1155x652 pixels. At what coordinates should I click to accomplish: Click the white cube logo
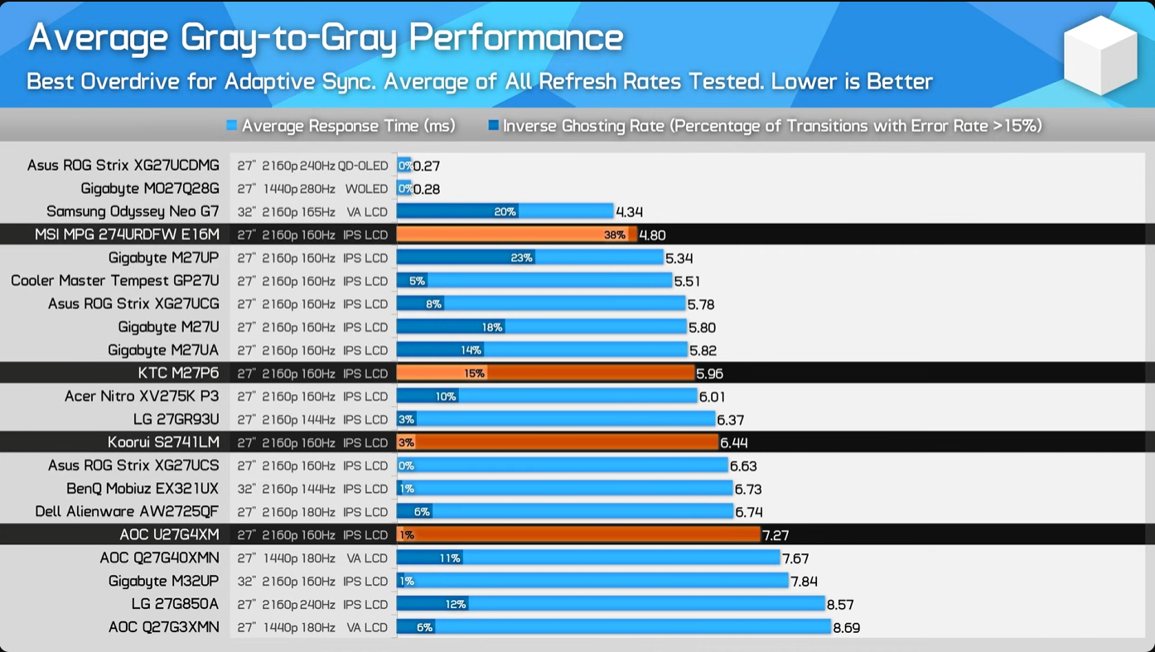1100,55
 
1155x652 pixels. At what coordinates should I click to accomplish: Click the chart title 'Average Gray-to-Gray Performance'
326,36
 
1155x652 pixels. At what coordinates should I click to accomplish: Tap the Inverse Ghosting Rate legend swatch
494,126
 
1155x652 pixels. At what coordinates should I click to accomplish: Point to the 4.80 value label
652,235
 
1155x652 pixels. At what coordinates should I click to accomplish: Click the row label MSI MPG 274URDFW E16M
127,235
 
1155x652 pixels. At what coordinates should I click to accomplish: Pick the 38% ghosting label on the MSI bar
615,235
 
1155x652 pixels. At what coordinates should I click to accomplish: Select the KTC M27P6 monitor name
178,374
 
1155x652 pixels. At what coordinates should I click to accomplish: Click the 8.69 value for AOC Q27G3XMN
846,628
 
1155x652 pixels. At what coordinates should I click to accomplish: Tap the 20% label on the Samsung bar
505,212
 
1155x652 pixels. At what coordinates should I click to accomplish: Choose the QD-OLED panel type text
363,166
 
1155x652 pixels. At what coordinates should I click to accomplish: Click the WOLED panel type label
366,189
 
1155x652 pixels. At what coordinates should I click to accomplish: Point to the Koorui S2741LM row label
163,442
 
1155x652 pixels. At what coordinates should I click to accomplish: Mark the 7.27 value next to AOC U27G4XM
776,535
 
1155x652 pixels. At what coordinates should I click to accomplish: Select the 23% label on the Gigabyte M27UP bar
521,258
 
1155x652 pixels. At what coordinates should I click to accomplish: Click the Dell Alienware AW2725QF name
127,512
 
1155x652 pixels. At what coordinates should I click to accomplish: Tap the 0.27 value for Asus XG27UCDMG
426,166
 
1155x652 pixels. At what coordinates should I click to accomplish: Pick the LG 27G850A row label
175,604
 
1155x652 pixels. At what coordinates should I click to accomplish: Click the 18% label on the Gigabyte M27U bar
492,327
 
